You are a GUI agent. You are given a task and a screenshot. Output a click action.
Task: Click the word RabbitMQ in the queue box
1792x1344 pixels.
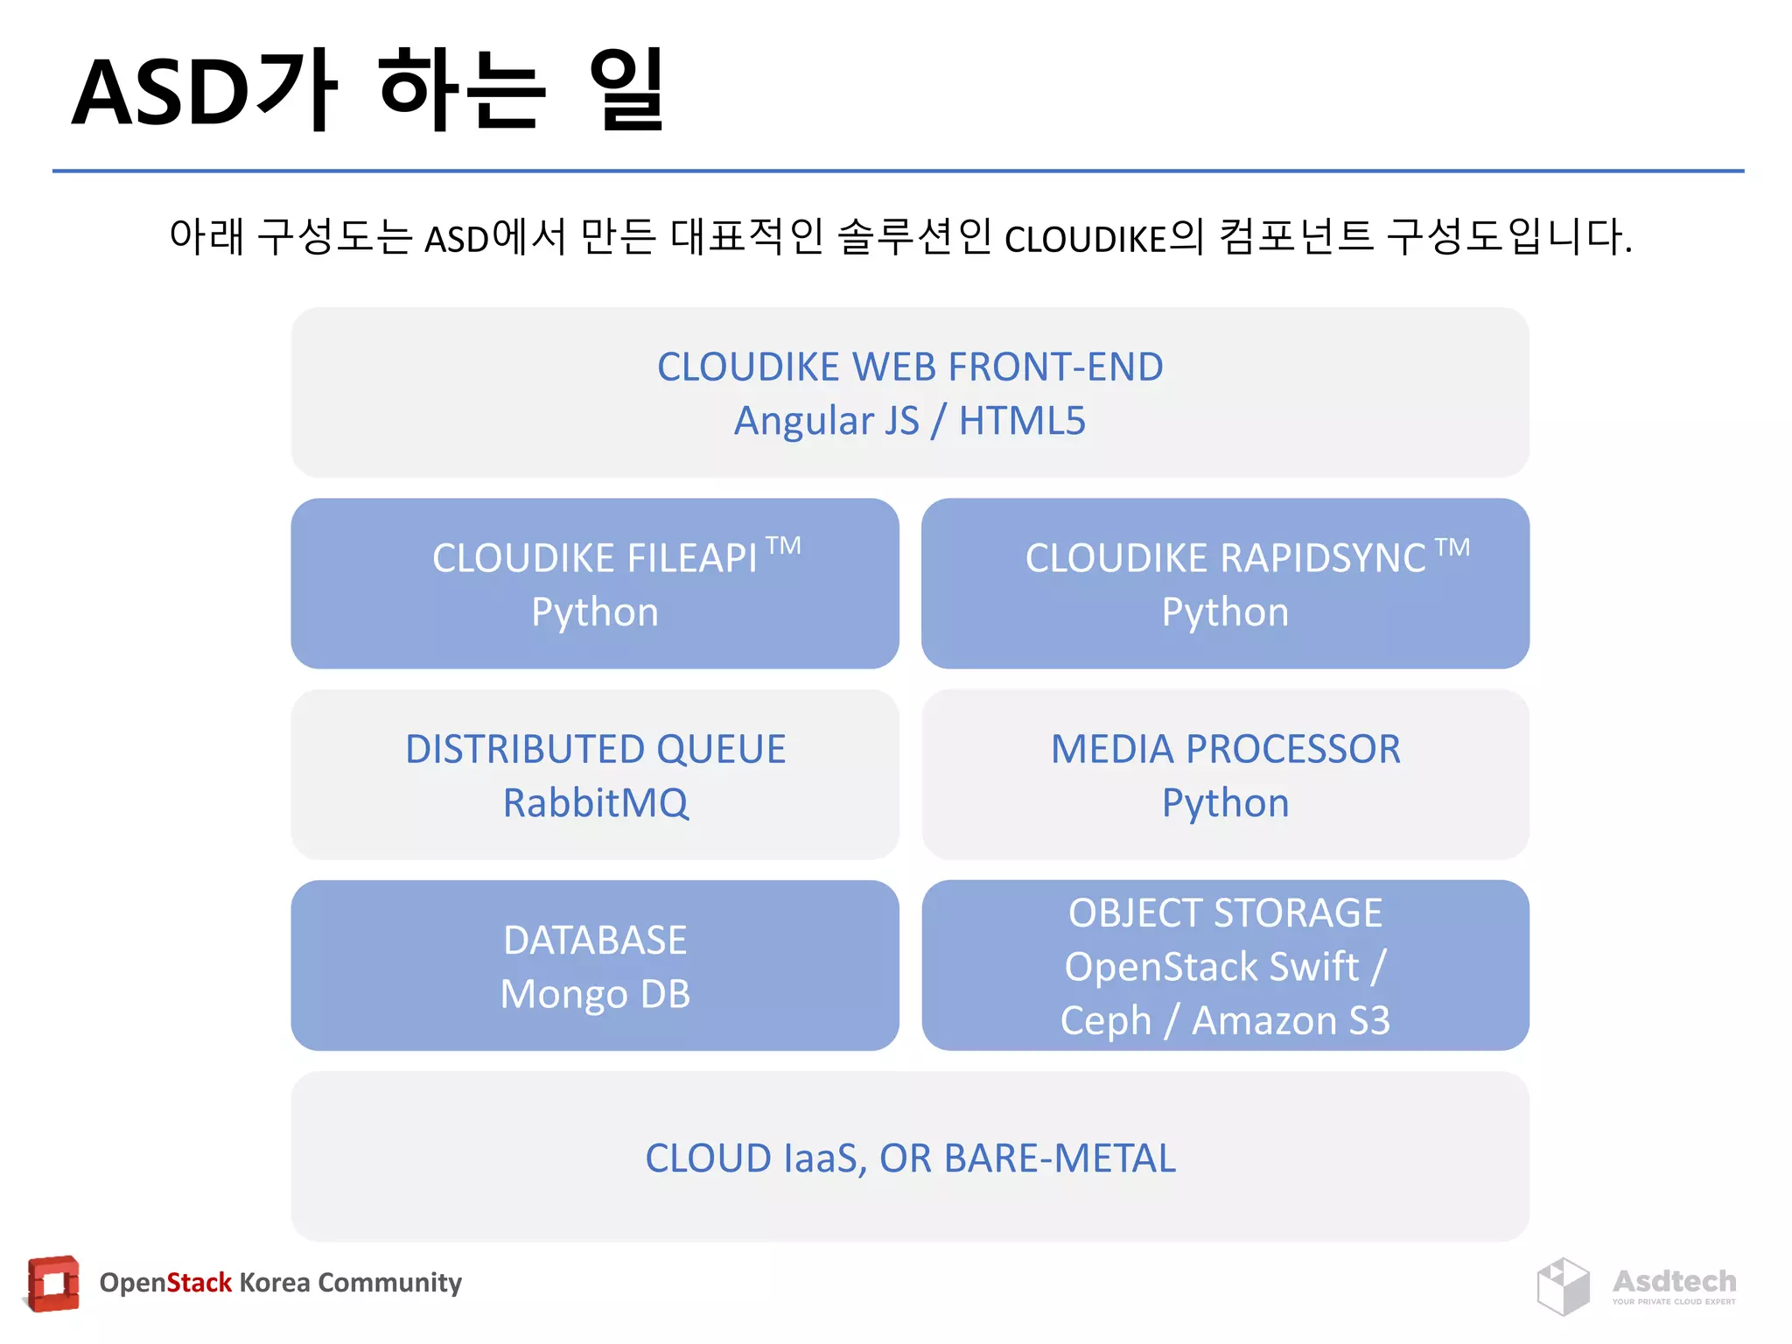pos(595,803)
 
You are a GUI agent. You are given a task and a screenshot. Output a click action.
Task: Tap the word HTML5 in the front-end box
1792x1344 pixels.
pos(1022,421)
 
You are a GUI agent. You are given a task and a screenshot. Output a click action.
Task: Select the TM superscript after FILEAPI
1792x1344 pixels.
pos(783,547)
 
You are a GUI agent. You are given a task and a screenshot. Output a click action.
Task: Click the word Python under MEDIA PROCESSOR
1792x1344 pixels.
pos(1225,803)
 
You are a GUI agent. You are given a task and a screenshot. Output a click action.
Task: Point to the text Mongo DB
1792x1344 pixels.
pos(595,995)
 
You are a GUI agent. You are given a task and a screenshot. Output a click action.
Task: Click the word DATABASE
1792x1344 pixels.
pos(595,941)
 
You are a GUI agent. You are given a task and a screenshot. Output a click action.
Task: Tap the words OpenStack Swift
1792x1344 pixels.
pos(1211,967)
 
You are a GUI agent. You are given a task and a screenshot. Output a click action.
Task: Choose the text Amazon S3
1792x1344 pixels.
pos(1291,1021)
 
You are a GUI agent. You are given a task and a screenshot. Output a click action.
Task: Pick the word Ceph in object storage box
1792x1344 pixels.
pos(1105,1021)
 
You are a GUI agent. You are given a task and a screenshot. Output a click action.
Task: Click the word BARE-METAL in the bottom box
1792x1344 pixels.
pos(1060,1158)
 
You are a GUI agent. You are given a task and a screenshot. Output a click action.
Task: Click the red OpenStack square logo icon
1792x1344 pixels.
pos(53,1284)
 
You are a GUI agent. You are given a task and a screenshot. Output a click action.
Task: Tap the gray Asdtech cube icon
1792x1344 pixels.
pos(1563,1286)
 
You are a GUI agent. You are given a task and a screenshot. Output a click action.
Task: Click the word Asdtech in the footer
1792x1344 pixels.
pos(1674,1281)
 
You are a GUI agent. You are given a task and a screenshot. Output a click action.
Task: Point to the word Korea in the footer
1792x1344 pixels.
pos(274,1283)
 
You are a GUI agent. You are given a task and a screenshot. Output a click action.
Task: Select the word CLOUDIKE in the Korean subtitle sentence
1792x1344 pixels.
pos(1085,239)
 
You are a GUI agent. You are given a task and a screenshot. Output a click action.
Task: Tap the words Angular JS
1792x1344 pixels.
pos(826,421)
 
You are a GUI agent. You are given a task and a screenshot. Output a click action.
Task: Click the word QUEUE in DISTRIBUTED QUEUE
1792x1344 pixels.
pos(721,750)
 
